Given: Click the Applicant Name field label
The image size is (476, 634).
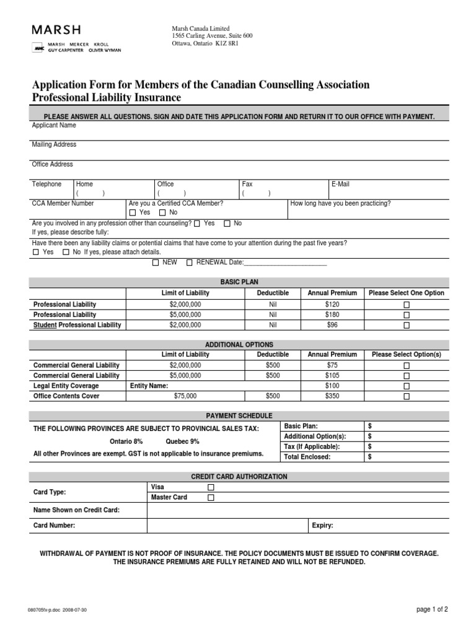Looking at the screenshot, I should (x=54, y=125).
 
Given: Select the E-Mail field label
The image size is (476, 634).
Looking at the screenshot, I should (x=340, y=184).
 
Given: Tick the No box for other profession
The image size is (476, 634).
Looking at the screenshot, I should (x=227, y=224).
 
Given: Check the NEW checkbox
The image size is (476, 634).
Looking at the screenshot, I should (x=156, y=263).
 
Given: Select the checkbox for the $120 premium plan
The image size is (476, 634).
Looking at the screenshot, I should (x=407, y=305).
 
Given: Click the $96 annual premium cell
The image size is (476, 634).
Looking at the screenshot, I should (x=332, y=325).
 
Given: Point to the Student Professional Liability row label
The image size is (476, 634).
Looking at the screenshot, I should (x=77, y=325).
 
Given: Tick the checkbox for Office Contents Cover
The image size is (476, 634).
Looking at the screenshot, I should (x=407, y=396).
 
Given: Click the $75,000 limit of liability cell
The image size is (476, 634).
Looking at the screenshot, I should (x=185, y=396).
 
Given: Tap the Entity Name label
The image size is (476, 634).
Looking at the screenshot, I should (x=149, y=386).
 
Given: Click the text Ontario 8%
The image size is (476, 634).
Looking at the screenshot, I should (x=127, y=441).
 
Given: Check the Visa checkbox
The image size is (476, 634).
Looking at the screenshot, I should (x=211, y=487).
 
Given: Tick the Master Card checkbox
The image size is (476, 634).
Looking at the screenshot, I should (x=211, y=497).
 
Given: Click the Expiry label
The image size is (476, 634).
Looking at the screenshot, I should (x=322, y=526).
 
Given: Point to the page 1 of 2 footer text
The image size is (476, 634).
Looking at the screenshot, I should (x=431, y=610).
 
